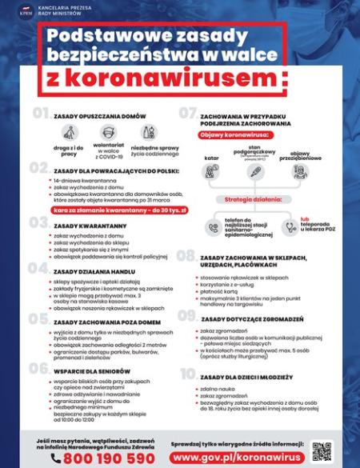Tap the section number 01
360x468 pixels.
[x=41, y=114]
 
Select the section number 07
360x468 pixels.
[x=188, y=114]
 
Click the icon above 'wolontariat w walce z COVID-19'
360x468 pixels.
[x=109, y=133]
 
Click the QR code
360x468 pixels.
[x=322, y=450]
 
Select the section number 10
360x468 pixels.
[x=188, y=374]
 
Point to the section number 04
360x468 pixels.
[x=39, y=269]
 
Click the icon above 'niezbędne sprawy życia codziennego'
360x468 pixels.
[x=147, y=133]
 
